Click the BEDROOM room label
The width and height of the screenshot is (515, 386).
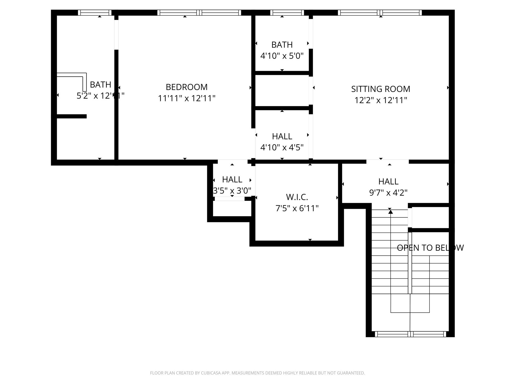[186, 87]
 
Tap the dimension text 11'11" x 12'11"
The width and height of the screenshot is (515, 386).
[186, 98]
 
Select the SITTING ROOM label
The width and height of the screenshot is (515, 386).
[380, 89]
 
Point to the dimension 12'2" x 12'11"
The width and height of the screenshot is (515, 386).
[380, 100]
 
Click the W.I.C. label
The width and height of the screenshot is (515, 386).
[297, 197]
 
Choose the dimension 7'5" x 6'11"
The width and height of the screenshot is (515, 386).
[297, 208]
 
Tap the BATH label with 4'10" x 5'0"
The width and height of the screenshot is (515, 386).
[282, 45]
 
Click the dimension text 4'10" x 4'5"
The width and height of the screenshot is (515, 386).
[282, 147]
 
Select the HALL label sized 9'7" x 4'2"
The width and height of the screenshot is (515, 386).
[388, 181]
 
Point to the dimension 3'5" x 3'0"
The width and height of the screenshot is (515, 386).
[232, 191]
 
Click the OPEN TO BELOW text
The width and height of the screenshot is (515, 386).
[430, 248]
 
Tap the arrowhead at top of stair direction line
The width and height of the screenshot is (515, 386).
[391, 212]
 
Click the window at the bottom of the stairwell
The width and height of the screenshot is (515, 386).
[410, 334]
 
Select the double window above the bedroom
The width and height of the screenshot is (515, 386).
[199, 13]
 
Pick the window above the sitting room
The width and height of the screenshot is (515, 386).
[380, 13]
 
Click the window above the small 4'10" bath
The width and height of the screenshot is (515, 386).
[287, 13]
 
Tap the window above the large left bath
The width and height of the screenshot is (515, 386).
[95, 13]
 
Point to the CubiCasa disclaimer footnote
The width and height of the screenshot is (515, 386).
[257, 373]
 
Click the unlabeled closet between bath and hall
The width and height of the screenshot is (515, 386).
[282, 90]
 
